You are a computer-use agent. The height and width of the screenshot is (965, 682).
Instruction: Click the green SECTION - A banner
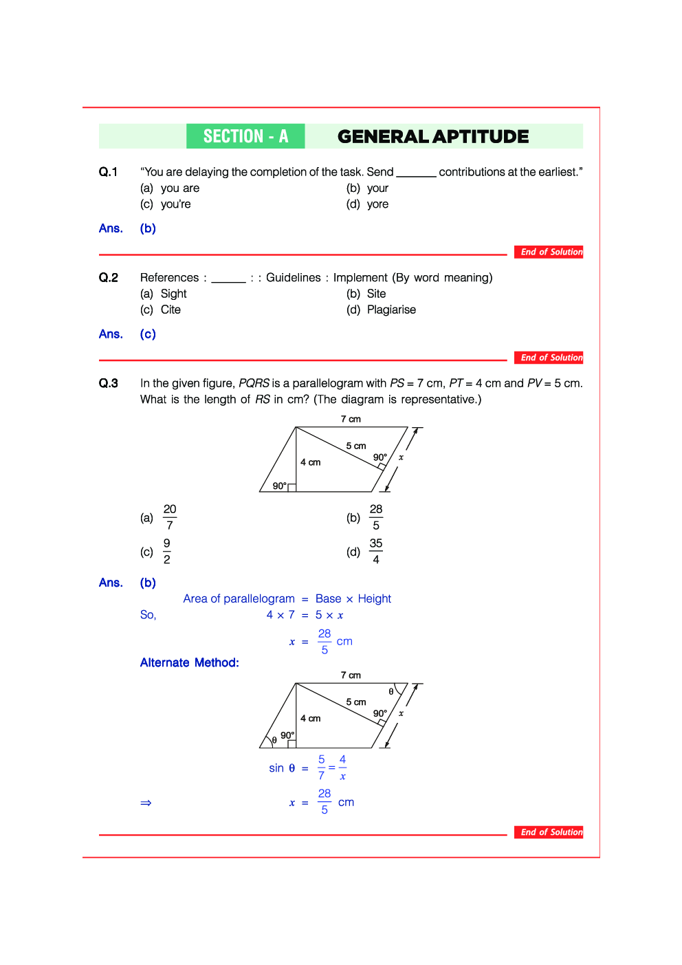pyautogui.click(x=245, y=136)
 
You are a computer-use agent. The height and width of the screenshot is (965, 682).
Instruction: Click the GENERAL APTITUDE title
pyautogui.click(x=433, y=136)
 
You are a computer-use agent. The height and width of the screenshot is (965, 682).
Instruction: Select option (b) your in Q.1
pyautogui.click(x=377, y=188)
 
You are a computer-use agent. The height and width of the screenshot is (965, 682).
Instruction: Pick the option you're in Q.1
pyautogui.click(x=175, y=204)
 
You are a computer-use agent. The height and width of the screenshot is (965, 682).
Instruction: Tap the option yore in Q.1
pyautogui.click(x=377, y=204)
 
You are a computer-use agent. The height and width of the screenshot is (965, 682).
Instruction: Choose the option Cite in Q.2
pyautogui.click(x=170, y=310)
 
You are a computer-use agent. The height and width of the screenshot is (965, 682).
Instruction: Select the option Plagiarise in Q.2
pyautogui.click(x=391, y=310)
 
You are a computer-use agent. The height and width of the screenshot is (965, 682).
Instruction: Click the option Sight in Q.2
pyautogui.click(x=173, y=294)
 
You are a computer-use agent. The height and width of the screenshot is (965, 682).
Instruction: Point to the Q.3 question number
pyautogui.click(x=109, y=384)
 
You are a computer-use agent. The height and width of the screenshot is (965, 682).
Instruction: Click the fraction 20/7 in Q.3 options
pyautogui.click(x=170, y=517)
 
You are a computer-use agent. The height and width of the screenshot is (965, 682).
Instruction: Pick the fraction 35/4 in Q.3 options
pyautogui.click(x=375, y=552)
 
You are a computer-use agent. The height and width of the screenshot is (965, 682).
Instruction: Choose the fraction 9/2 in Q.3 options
pyautogui.click(x=167, y=552)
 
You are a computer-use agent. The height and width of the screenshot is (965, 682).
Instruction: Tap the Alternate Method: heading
pyautogui.click(x=190, y=663)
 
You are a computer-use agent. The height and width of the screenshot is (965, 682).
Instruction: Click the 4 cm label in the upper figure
pyautogui.click(x=311, y=462)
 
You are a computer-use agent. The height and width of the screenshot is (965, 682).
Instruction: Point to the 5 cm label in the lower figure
pyautogui.click(x=356, y=702)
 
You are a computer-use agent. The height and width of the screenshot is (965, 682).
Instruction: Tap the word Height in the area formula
pyautogui.click(x=375, y=599)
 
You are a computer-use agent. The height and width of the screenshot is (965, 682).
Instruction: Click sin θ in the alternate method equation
pyautogui.click(x=282, y=768)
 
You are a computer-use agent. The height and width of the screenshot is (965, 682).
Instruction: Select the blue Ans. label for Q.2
pyautogui.click(x=111, y=334)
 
